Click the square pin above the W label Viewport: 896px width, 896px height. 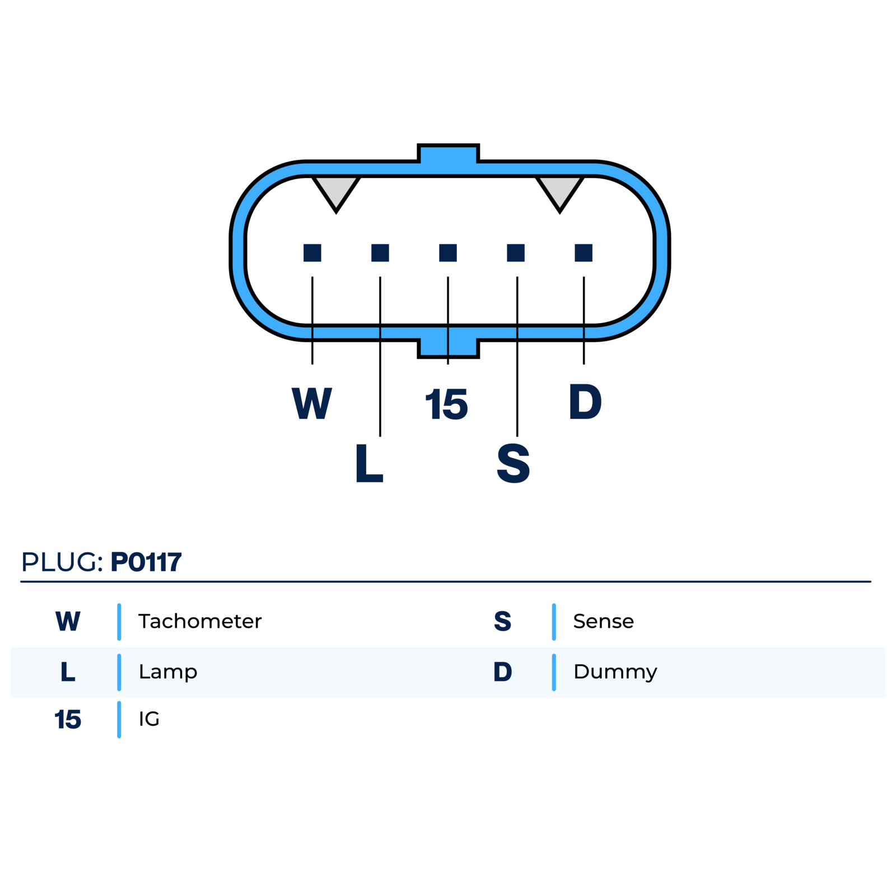(x=312, y=253)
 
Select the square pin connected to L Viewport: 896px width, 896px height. (x=380, y=253)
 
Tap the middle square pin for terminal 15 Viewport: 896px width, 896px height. (x=448, y=253)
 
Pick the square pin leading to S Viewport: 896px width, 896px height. (x=516, y=253)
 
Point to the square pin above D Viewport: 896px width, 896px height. (x=584, y=253)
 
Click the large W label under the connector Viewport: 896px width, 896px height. (x=312, y=403)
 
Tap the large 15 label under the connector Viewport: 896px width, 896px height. (x=446, y=404)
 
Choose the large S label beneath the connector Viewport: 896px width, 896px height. (x=513, y=463)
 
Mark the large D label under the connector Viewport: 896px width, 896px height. (x=585, y=402)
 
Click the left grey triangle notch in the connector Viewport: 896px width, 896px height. (x=336, y=190)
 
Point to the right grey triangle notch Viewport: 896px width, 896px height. (x=560, y=190)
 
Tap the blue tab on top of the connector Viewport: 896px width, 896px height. (x=449, y=154)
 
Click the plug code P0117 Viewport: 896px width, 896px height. (x=146, y=562)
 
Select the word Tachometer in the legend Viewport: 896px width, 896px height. (x=200, y=621)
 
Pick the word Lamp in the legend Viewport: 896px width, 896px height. (x=168, y=672)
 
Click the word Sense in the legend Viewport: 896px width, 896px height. (x=604, y=621)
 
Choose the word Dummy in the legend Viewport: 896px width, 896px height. (x=615, y=672)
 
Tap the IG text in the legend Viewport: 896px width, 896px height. (x=149, y=718)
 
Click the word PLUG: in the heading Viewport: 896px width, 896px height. (x=62, y=562)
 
